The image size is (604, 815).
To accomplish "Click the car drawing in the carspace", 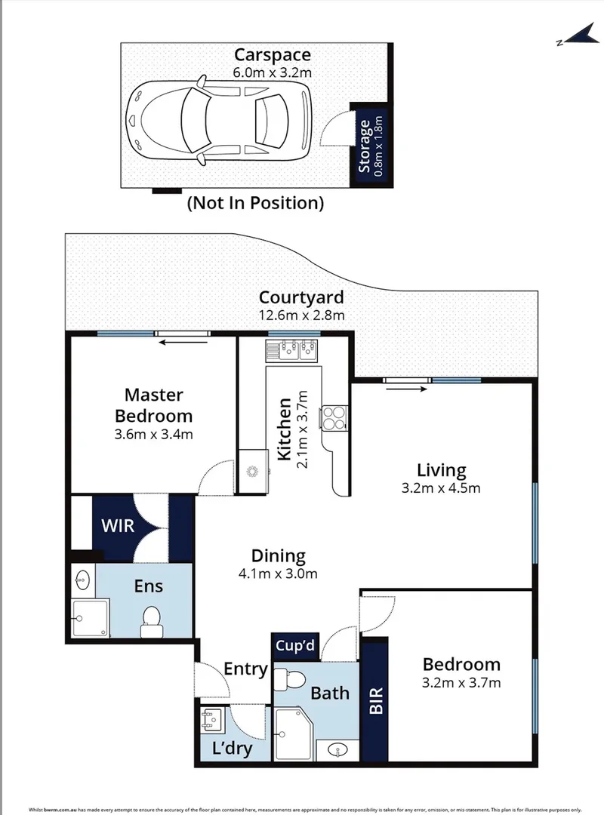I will click(x=219, y=119).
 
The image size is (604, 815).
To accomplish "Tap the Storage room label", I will click(x=365, y=146).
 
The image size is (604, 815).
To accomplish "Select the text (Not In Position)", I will click(x=255, y=202).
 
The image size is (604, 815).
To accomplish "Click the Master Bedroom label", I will click(x=159, y=404).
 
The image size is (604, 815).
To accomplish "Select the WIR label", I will click(x=118, y=524).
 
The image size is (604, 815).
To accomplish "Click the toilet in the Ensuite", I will click(x=152, y=620).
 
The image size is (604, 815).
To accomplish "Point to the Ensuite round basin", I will click(x=83, y=581).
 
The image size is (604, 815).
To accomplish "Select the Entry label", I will click(x=245, y=669).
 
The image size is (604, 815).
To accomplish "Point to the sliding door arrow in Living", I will click(x=408, y=389).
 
